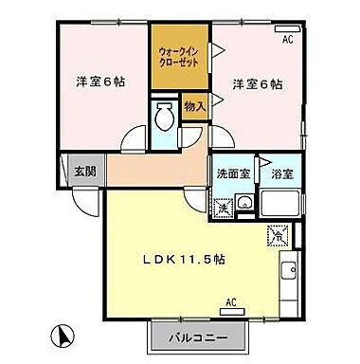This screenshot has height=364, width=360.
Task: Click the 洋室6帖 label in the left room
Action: [100, 82]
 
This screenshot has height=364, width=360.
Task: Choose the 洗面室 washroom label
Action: [230, 174]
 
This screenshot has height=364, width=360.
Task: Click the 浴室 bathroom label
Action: [282, 174]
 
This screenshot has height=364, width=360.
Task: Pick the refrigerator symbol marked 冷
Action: [278, 230]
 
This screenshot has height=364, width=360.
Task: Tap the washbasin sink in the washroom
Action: [243, 203]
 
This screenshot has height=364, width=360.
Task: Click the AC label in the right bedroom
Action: [287, 39]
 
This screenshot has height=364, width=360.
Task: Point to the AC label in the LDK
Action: [230, 303]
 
